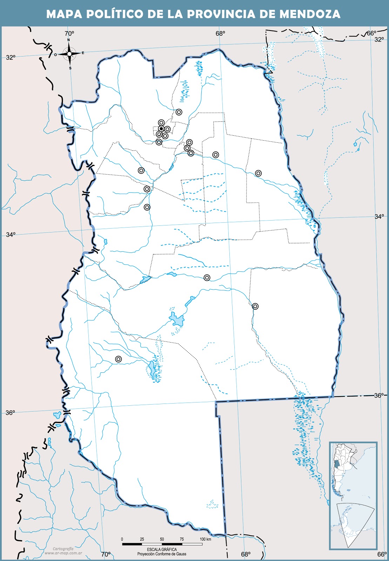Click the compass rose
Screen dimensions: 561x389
[69, 54]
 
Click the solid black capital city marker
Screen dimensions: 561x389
[161, 129]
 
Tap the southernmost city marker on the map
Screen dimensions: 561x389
[119, 359]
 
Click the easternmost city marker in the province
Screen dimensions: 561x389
[258, 173]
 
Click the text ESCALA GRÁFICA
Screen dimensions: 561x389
[162, 549]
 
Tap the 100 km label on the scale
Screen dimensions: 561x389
[205, 539]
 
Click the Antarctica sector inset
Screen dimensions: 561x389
[354, 524]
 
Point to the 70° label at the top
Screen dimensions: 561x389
[69, 34]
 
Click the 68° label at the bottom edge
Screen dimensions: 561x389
[246, 554]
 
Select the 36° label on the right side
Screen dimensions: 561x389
[378, 396]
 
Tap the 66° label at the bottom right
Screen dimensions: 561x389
[382, 554]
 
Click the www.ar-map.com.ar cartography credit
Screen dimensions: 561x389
[63, 553]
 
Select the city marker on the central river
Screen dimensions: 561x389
[207, 277]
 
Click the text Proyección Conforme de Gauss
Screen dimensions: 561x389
[162, 554]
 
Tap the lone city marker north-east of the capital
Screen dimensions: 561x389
[179, 112]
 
